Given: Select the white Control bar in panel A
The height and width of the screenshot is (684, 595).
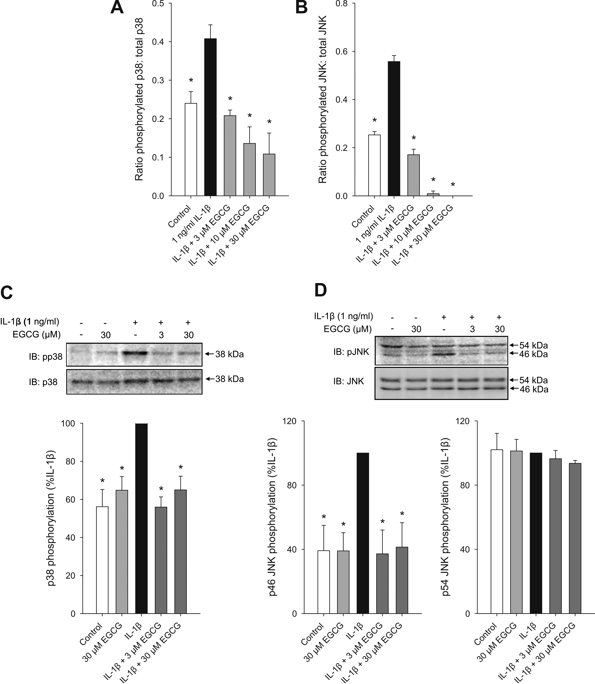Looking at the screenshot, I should pos(191,149).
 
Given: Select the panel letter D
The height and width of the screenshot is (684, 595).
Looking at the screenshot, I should pos(320,290).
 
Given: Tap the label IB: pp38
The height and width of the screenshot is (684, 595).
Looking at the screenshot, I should pos(45,357).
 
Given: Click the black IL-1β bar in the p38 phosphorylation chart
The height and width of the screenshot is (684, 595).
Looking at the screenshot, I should pos(141,518).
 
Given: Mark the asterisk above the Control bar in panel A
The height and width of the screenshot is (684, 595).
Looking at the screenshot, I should pos(191,81).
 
